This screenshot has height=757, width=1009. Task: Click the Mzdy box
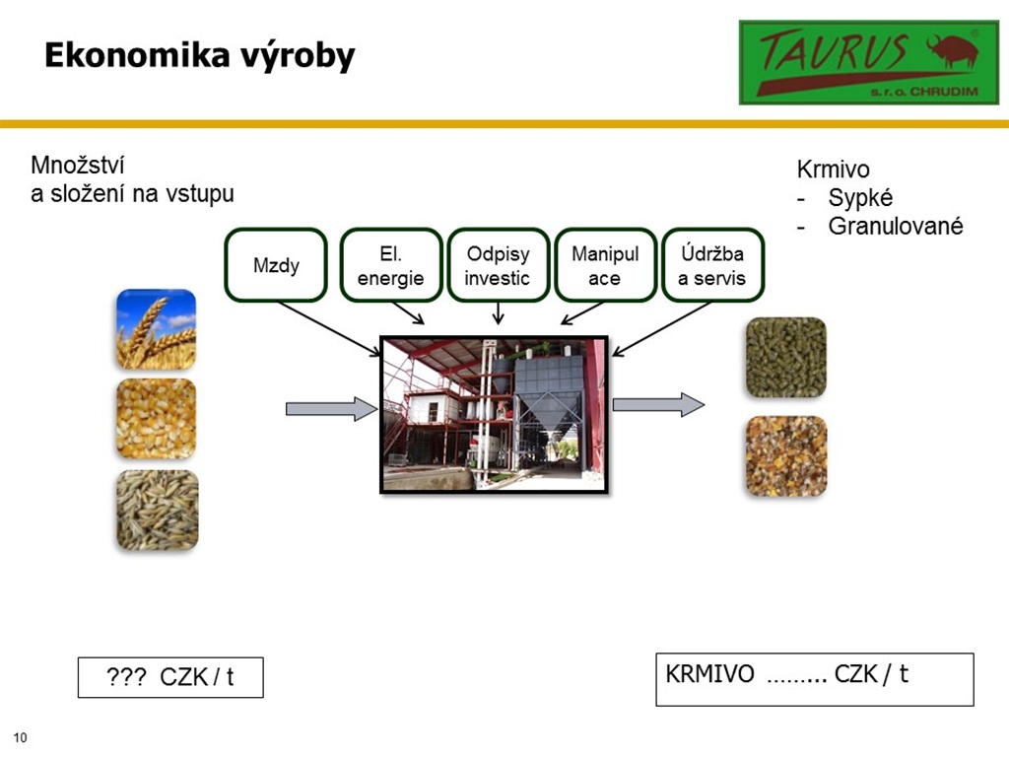(x=276, y=264)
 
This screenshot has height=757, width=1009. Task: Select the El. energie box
(x=390, y=264)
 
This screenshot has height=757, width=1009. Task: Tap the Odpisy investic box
(x=498, y=264)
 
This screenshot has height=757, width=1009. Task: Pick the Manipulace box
(x=605, y=264)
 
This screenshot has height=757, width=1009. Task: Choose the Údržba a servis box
(x=712, y=264)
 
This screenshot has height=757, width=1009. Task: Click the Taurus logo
(x=869, y=62)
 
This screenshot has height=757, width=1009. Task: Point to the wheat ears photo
(x=157, y=329)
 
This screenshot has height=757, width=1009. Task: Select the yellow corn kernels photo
(x=157, y=418)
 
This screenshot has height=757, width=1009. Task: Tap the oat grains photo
(x=157, y=510)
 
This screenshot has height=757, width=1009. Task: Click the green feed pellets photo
(x=785, y=357)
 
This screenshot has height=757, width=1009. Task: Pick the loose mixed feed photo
(x=786, y=456)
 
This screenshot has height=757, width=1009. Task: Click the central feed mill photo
(x=495, y=415)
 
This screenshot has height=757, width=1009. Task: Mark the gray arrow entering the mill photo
(x=331, y=409)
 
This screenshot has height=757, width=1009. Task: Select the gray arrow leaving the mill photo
(x=658, y=404)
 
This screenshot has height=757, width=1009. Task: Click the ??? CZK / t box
(x=170, y=677)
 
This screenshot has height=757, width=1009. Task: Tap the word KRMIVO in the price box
(x=709, y=674)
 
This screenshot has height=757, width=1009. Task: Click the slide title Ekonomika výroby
(x=199, y=55)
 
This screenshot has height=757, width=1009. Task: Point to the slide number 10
(x=20, y=737)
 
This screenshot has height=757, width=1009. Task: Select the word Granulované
(x=895, y=226)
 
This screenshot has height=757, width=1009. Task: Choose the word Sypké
(x=860, y=198)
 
